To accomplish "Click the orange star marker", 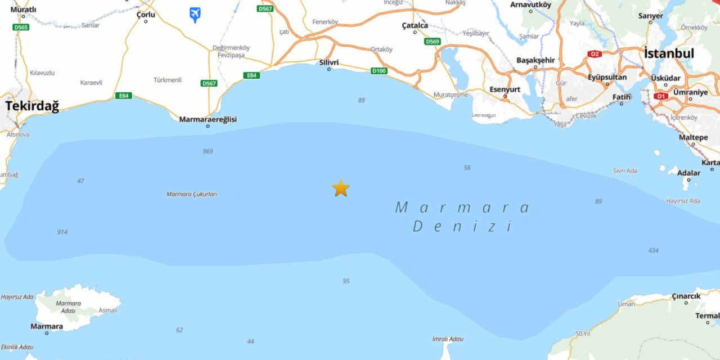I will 341,188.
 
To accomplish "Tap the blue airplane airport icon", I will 195,14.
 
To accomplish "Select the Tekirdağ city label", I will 32,106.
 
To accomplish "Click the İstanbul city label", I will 669,53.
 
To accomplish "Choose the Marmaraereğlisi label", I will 208,119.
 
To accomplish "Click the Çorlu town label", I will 146,15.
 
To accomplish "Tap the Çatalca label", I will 415,25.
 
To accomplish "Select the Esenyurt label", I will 505,89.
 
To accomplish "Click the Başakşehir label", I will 535,60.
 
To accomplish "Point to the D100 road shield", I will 379,70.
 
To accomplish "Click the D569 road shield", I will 433,42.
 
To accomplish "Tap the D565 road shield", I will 21,26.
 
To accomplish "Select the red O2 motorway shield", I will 595,54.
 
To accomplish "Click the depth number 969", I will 208,151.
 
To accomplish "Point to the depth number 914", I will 62,232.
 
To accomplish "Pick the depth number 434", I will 653,250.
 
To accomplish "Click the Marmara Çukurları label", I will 192,194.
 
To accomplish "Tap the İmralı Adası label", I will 448,339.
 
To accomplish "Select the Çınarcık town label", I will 686,296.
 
